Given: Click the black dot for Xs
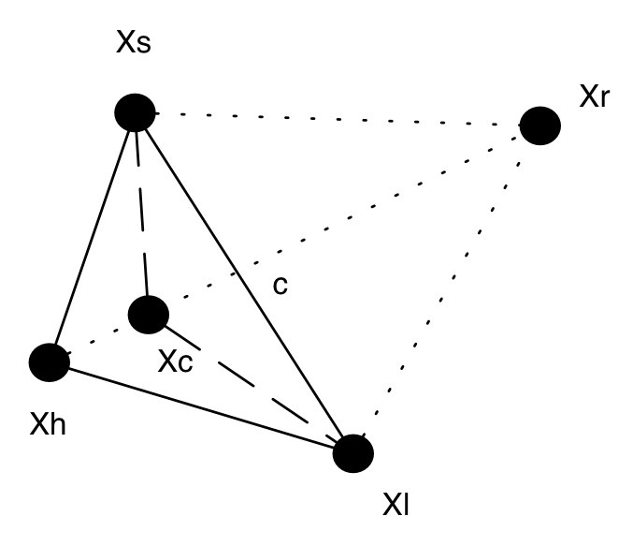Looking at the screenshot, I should point(135,112).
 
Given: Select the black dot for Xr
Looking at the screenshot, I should point(539,125).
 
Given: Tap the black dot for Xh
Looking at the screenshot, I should point(50,362).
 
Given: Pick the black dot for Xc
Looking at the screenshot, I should point(148,315).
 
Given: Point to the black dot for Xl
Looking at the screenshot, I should point(353,453).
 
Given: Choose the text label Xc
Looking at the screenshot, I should point(175,362).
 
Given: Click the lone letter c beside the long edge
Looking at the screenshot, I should point(280,285).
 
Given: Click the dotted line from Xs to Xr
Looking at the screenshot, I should point(337,119).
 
